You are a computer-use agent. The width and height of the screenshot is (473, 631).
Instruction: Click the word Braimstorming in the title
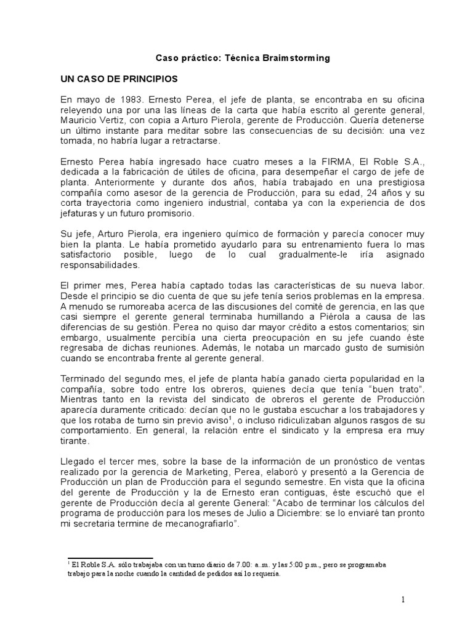point(300,58)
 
